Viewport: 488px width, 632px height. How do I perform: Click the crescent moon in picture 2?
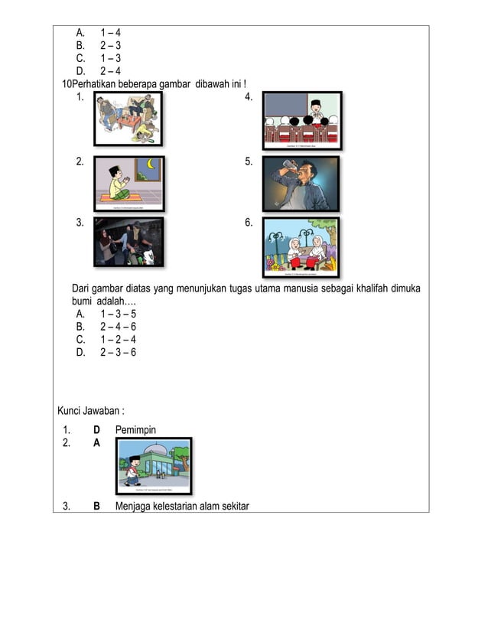click(151, 165)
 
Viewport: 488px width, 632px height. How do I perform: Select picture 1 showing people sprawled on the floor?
click(128, 118)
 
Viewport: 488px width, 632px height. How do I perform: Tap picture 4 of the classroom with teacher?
click(302, 120)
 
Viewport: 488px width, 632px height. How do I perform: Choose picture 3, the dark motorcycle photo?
click(129, 242)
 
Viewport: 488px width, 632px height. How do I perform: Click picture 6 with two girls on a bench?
click(301, 246)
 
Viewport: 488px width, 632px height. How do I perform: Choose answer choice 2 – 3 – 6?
click(117, 352)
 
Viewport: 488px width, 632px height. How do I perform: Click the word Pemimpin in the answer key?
click(135, 430)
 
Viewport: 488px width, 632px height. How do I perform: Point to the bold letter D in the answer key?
click(97, 430)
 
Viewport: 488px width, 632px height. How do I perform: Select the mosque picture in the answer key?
click(154, 466)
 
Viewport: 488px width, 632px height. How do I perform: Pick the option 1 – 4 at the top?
click(110, 33)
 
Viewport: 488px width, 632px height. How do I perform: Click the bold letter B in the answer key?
click(97, 506)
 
